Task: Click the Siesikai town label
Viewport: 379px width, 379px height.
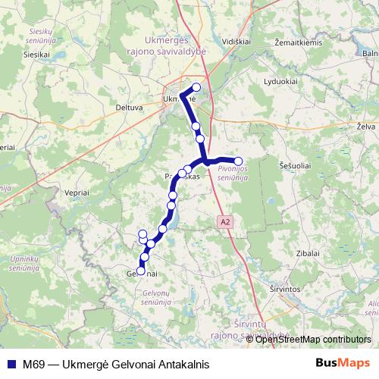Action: [x=36, y=55]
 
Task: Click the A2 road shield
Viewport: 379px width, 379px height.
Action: [x=224, y=222]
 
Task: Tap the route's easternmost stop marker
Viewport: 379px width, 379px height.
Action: [x=238, y=161]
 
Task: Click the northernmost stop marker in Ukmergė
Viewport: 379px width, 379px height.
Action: [x=197, y=86]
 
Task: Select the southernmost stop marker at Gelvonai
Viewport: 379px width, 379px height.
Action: [x=140, y=271]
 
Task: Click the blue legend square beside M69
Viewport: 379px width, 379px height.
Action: [x=8, y=364]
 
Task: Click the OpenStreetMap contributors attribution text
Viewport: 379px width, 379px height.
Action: [x=313, y=339]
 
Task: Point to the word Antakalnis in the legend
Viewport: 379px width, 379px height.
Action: [x=180, y=364]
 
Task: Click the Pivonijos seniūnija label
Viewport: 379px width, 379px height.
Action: [x=232, y=172]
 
